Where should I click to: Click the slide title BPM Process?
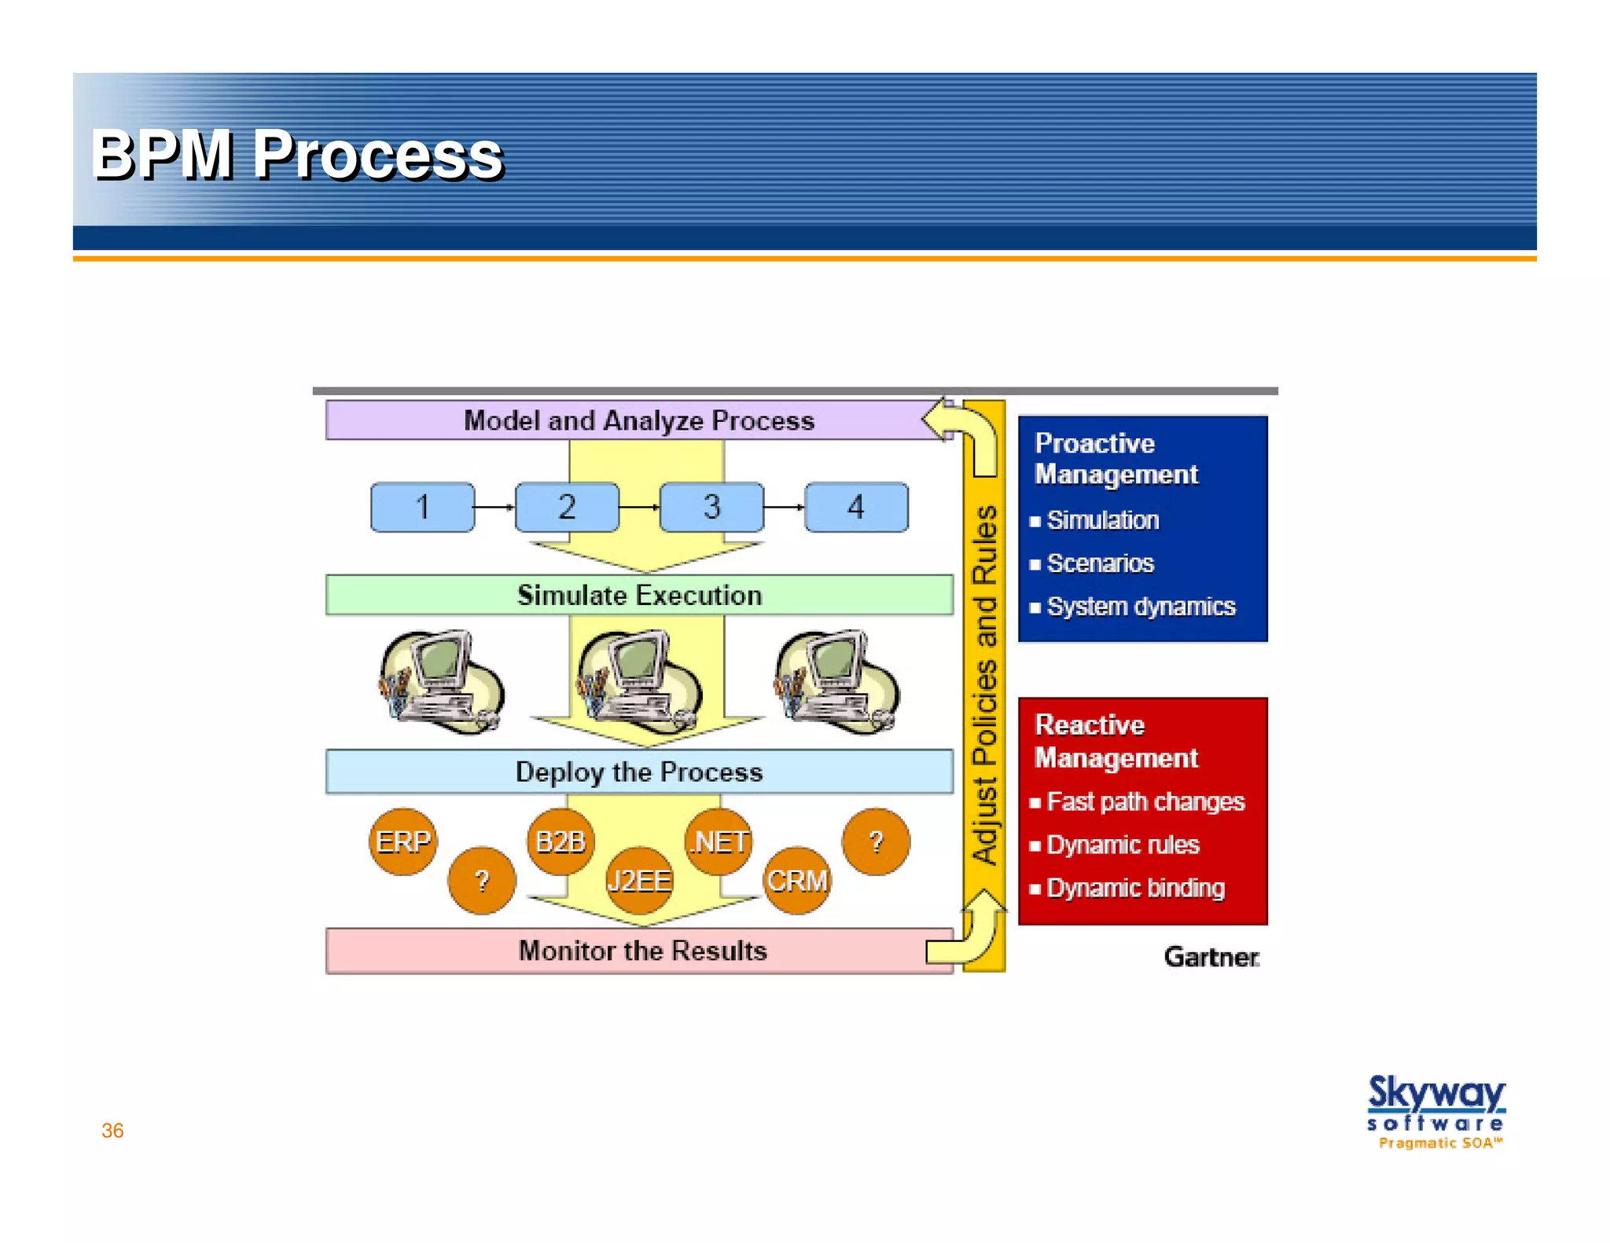[x=296, y=155]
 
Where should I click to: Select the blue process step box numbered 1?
[x=422, y=508]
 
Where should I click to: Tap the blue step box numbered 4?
[x=856, y=508]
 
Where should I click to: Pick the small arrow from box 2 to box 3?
[x=639, y=508]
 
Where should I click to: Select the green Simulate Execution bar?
[x=639, y=596]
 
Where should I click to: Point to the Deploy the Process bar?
[x=639, y=772]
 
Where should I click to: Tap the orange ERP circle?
[x=402, y=841]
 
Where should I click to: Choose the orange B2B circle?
[x=560, y=841]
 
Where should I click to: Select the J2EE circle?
[x=639, y=881]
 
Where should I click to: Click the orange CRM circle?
[x=797, y=881]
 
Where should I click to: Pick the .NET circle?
[x=719, y=841]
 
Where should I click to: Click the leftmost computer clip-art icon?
[x=440, y=682]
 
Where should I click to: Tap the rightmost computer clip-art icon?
[x=836, y=682]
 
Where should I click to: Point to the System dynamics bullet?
[x=1140, y=607]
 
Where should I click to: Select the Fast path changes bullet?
[x=1145, y=801]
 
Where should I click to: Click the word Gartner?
[x=1211, y=957]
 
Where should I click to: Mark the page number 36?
[x=112, y=1131]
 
